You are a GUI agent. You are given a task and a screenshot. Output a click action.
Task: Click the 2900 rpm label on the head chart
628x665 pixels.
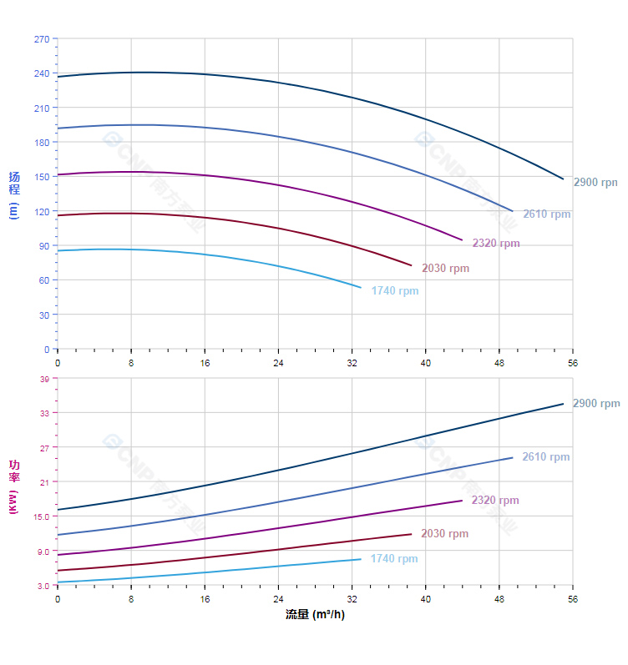tap(595, 182)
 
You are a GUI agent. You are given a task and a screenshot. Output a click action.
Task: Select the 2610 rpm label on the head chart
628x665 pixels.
tap(547, 214)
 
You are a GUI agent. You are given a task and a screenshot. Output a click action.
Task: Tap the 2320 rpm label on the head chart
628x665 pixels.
tap(496, 244)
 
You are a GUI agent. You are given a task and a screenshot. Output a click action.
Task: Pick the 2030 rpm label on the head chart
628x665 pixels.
tap(446, 269)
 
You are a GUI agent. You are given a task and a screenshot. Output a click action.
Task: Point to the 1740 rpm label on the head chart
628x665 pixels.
tap(395, 291)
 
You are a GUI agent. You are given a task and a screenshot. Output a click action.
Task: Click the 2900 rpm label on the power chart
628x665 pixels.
tap(596, 404)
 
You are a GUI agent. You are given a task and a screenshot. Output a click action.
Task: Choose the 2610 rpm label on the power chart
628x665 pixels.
tap(546, 457)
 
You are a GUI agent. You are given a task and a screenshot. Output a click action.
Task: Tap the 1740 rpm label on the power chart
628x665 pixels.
tap(394, 559)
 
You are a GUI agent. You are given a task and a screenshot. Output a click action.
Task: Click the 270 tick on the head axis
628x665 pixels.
tap(41, 39)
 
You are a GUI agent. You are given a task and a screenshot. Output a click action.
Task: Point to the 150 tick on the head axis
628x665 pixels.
tap(41, 177)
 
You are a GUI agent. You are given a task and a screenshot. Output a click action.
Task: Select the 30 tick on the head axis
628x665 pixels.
tap(43, 315)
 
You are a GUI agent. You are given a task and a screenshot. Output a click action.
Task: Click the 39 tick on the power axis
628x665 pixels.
tap(43, 379)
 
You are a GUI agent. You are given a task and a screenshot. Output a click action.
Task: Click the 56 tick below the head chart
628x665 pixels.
tap(573, 363)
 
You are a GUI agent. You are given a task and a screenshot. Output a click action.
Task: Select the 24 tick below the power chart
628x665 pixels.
tap(278, 599)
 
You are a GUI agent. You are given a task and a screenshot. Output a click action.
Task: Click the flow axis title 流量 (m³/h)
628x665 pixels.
tap(315, 615)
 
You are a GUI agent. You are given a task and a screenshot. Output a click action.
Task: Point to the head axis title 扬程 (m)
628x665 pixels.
tap(13, 194)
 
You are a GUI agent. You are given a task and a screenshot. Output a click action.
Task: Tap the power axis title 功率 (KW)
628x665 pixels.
tap(13, 486)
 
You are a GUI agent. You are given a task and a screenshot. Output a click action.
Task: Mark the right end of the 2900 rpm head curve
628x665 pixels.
tap(564, 179)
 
